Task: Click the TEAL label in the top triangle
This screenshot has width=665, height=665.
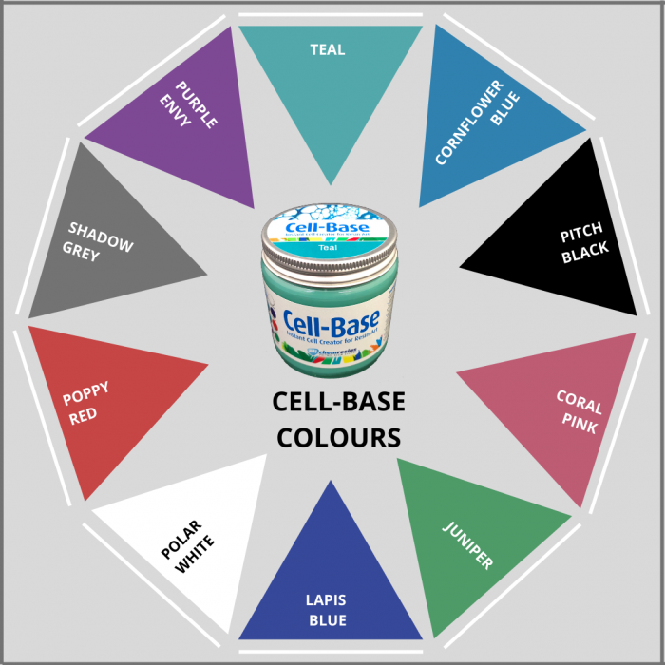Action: click(327, 50)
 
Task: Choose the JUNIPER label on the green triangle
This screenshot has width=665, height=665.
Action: click(468, 545)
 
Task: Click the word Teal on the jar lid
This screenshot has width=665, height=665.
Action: click(329, 247)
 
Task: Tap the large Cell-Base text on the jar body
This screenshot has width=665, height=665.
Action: click(332, 320)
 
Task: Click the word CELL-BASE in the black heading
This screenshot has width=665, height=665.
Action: click(338, 403)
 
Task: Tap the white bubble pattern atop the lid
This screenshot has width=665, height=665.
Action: click(329, 211)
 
